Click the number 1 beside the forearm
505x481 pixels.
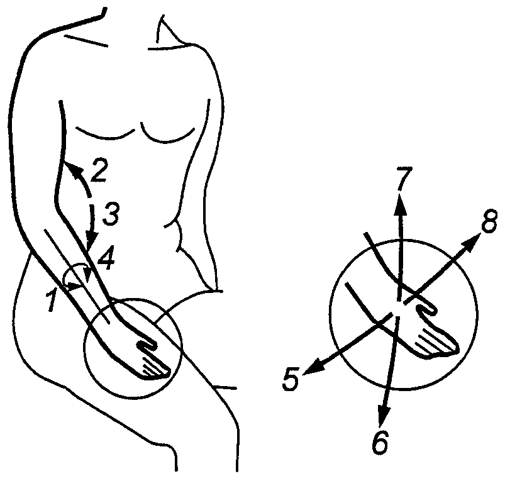click(x=52, y=300)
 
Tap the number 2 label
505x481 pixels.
click(x=99, y=170)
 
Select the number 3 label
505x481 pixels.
click(x=111, y=214)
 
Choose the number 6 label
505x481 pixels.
click(x=380, y=443)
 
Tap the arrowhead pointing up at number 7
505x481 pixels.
click(x=400, y=205)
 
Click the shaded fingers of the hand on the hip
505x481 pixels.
click(x=155, y=369)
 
